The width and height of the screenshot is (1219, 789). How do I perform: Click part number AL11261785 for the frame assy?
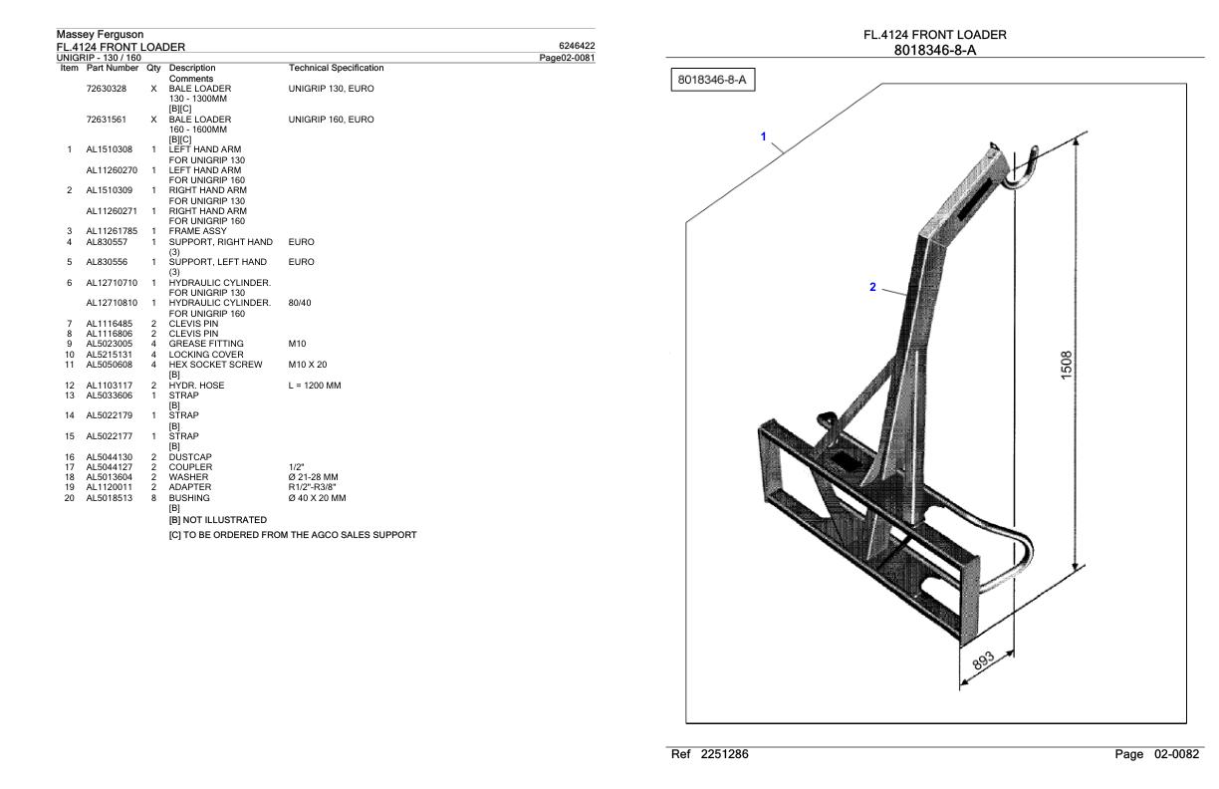click(x=112, y=231)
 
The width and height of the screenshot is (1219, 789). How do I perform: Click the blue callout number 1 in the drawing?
click(x=764, y=135)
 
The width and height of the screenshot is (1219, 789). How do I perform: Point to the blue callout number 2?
click(x=872, y=287)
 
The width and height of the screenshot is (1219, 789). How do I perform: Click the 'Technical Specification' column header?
click(x=336, y=68)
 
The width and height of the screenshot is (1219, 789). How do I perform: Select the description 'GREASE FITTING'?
click(x=206, y=343)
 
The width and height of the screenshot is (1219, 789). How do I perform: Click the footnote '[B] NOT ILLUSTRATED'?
click(x=218, y=519)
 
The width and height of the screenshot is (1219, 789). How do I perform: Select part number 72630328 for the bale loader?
click(x=107, y=89)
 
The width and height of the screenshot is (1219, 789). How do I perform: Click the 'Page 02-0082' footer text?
click(x=1157, y=756)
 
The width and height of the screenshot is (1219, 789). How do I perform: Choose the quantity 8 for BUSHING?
click(x=153, y=496)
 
